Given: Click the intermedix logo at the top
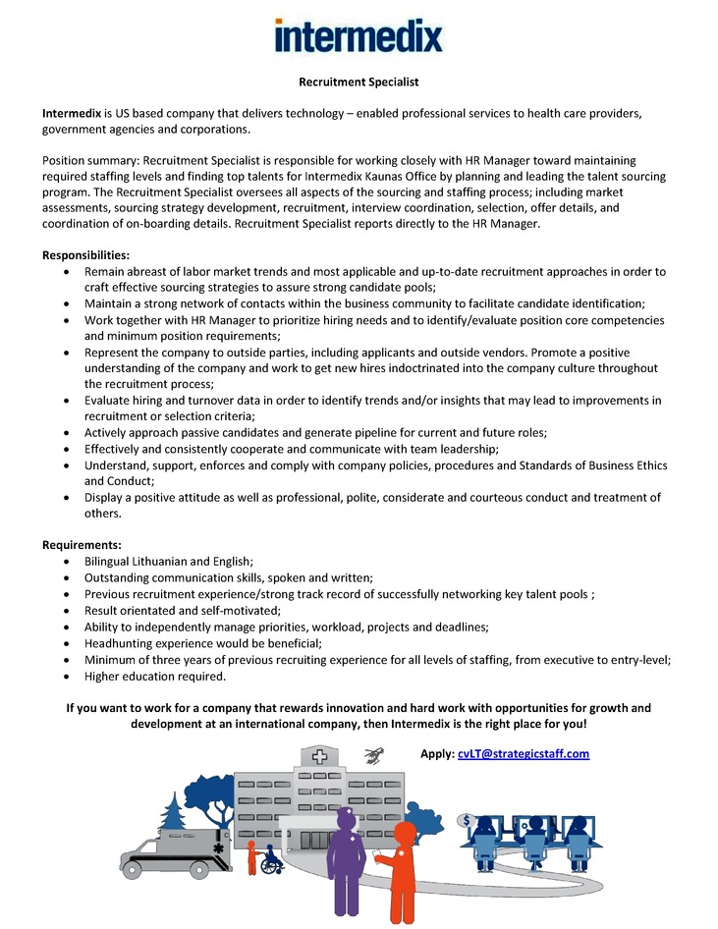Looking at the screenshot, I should coord(359,36).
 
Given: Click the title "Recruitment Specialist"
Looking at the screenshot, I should coord(359,82).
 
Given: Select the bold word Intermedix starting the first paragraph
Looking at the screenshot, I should coord(72,114).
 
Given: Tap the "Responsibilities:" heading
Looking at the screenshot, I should coord(85,255).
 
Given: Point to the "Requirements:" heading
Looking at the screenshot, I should coord(82,544).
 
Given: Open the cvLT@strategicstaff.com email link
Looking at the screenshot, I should coord(524,753).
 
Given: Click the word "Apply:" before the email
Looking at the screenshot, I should coord(437,753).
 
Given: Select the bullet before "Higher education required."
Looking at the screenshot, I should coord(65,678).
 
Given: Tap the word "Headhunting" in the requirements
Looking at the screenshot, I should coord(122,644).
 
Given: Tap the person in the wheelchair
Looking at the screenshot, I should coord(270,860).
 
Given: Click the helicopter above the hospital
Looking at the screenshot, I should coord(372,754).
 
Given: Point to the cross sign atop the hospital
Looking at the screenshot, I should coord(320,757).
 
